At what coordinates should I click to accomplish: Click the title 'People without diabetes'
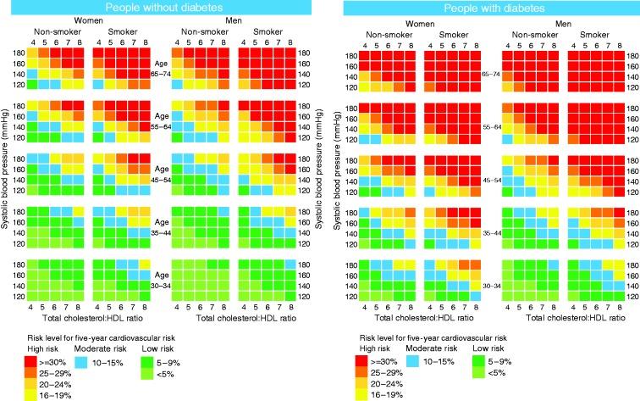(158, 8)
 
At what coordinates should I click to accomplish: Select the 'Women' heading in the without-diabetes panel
(84, 20)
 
